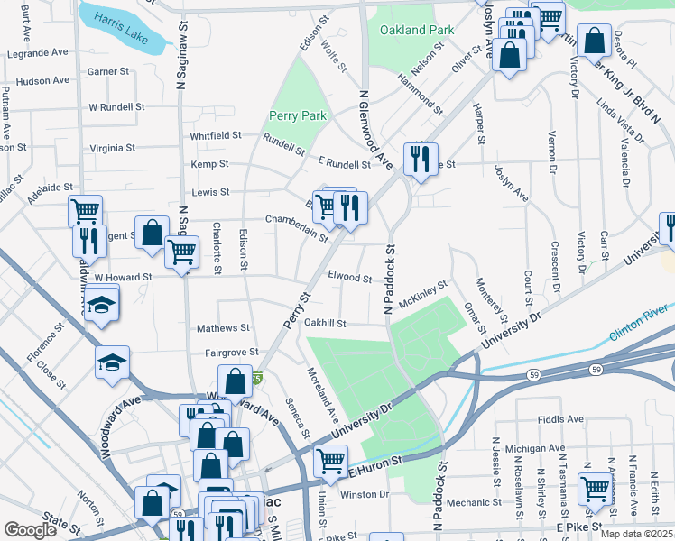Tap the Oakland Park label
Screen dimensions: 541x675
click(x=416, y=30)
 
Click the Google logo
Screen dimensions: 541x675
click(x=30, y=530)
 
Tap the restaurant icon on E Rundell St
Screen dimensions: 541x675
click(x=420, y=160)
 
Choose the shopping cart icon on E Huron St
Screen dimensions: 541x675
click(x=330, y=461)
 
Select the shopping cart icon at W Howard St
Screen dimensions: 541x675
click(x=182, y=252)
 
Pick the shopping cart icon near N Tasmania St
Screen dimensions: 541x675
click(x=595, y=490)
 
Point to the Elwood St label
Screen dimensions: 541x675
click(x=349, y=279)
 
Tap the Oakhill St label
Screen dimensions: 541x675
click(x=326, y=324)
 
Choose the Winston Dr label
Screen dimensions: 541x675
click(x=365, y=494)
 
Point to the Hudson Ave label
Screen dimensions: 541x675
click(x=42, y=80)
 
